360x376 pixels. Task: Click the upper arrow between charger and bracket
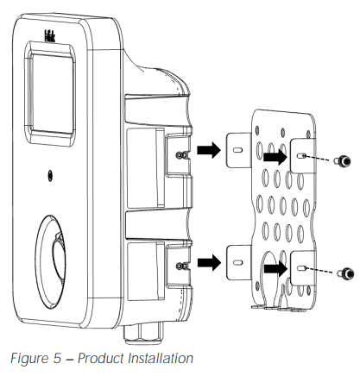pyautogui.click(x=207, y=152)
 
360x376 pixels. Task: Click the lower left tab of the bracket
pyautogui.click(x=237, y=258)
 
